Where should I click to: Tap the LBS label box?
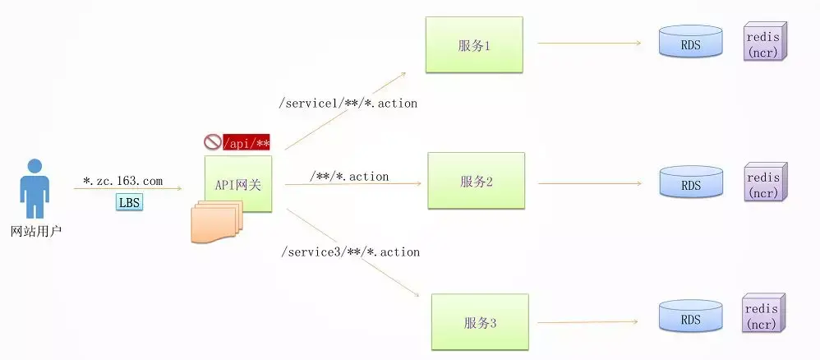(x=128, y=202)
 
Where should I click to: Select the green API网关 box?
(x=238, y=185)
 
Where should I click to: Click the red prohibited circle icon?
(x=212, y=142)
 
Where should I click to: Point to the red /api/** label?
(x=246, y=142)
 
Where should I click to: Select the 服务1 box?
(x=474, y=44)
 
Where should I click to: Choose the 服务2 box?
(x=476, y=181)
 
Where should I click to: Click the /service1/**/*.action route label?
(x=348, y=104)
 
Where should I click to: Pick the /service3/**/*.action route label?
(x=349, y=252)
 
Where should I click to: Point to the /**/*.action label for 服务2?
(x=349, y=177)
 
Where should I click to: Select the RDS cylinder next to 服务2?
(x=691, y=182)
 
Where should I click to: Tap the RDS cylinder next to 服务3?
(x=691, y=317)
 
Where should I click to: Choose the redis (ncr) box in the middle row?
(x=763, y=183)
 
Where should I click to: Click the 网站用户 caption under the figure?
(x=35, y=233)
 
